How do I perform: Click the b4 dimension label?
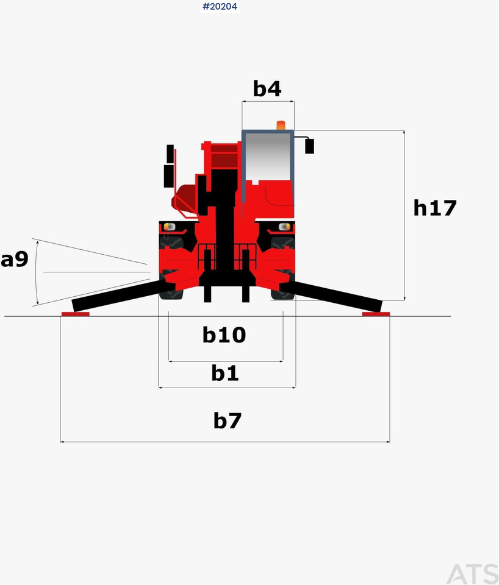point(267,89)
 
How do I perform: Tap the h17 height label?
point(435,208)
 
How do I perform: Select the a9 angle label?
point(15,259)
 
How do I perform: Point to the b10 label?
point(224,335)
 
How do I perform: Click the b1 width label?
point(225,373)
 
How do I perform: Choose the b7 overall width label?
point(228,420)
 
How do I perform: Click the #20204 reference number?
point(220,6)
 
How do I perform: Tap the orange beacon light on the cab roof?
point(281,126)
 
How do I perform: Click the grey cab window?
point(268,157)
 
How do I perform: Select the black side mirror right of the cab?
point(309,146)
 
